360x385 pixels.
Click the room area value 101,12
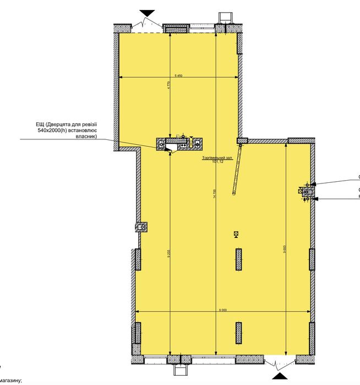(218, 162)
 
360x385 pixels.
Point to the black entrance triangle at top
(147, 13)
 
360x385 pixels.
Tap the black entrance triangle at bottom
(280, 375)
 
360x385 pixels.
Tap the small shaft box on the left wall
(142, 226)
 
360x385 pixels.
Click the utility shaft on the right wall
(307, 191)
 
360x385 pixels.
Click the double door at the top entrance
(146, 24)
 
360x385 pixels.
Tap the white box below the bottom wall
(179, 366)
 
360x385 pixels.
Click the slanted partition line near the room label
(237, 167)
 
